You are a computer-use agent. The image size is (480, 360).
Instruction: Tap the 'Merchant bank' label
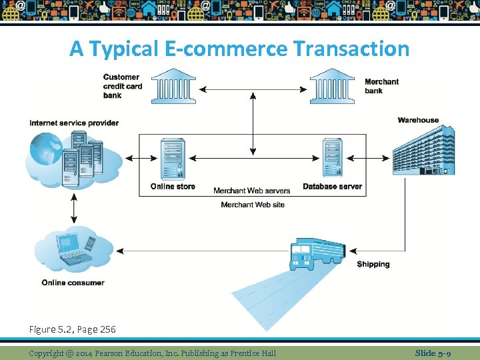[x=381, y=86]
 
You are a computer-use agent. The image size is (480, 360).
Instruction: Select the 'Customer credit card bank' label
[x=121, y=86]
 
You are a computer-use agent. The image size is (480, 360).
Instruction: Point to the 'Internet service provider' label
[x=74, y=123]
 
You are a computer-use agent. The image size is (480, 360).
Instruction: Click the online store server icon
[x=173, y=159]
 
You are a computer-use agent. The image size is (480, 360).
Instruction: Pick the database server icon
[x=332, y=159]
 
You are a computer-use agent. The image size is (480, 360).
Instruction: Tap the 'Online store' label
[x=173, y=187]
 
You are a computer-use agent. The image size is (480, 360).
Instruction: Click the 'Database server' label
[x=332, y=187]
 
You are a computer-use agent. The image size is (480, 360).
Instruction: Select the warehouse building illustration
[x=423, y=152]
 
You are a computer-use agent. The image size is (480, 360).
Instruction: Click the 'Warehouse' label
[x=418, y=120]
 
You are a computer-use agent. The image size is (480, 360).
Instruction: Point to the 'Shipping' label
[x=373, y=265]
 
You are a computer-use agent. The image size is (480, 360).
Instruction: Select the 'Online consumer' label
[x=73, y=283]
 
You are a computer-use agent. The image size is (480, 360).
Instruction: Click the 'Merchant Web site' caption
[x=253, y=205]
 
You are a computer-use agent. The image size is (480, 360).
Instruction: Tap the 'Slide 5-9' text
[x=433, y=353]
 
